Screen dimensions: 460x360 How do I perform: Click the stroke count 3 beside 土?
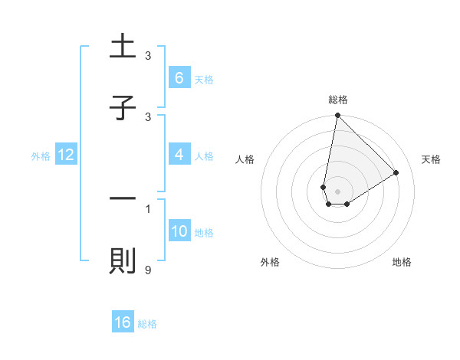[148, 56]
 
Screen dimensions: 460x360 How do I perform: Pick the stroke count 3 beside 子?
[148, 117]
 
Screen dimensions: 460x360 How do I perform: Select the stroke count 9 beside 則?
[148, 270]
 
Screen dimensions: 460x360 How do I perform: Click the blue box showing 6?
[179, 78]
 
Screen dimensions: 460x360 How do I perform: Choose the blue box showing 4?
[179, 155]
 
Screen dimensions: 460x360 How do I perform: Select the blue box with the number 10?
[179, 231]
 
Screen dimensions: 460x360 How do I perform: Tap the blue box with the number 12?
[66, 155]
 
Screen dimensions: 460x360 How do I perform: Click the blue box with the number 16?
[123, 322]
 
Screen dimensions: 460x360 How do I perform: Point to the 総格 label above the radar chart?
[337, 100]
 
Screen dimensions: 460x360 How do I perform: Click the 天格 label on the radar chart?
[431, 159]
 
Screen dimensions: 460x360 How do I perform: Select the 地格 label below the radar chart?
[402, 262]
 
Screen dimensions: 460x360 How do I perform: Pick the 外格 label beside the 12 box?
[41, 155]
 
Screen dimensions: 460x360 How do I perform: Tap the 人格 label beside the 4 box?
[204, 155]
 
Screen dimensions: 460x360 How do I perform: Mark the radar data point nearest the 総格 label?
[337, 116]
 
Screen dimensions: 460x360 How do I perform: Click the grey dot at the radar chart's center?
[337, 191]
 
